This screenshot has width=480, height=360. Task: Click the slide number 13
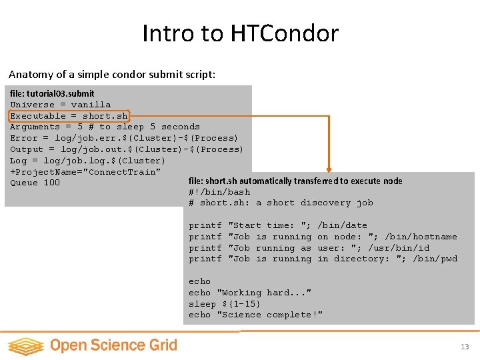tap(465, 347)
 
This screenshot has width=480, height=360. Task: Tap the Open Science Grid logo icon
tap(25, 345)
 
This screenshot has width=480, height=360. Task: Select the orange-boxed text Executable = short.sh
tap(69, 115)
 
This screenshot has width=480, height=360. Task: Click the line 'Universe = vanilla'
tap(61, 105)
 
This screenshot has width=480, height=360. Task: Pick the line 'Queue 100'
tap(35, 183)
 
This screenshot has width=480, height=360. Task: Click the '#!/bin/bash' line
tap(219, 192)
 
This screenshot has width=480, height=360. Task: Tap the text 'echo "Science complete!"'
tap(255, 315)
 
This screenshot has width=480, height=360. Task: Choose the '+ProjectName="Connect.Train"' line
tap(85, 172)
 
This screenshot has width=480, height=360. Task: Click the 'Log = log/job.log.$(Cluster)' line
tap(87, 161)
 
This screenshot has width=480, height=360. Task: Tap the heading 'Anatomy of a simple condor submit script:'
tap(112, 75)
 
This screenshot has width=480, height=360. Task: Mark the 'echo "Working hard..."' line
tap(250, 293)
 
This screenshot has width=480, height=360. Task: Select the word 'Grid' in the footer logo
tap(162, 345)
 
